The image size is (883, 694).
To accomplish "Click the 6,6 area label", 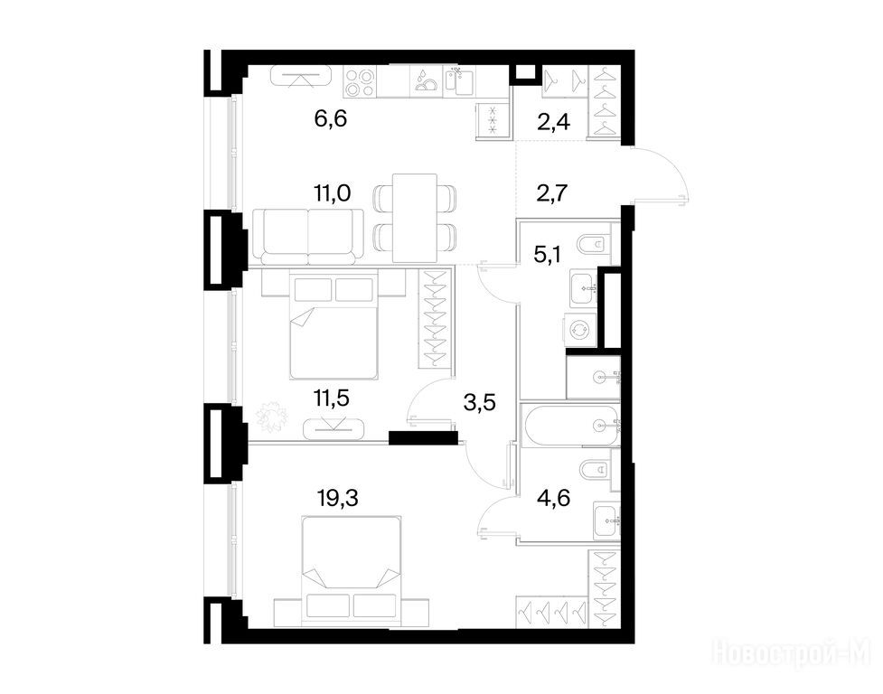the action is tap(330, 119).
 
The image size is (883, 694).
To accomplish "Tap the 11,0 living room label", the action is tap(333, 193).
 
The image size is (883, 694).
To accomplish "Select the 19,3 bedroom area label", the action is tap(338, 498).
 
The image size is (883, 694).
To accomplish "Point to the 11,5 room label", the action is tap(331, 398).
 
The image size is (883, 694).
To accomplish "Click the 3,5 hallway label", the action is tap(479, 403).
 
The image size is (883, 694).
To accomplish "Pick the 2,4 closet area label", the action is tap(553, 122).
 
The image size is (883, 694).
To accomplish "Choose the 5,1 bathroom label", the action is tap(548, 255).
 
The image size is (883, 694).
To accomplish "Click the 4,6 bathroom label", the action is tap(553, 498).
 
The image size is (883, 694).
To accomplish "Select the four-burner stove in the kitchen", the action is tap(360, 83).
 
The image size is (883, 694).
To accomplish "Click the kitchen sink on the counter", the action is tap(460, 82).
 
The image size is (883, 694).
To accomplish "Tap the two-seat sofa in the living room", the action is tap(308, 237).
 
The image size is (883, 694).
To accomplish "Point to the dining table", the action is tap(415, 218).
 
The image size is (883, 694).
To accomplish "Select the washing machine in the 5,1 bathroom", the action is tap(579, 329).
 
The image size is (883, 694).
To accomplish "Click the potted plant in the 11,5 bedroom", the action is tap(272, 417).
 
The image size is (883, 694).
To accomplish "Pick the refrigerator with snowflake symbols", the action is tap(493, 120).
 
